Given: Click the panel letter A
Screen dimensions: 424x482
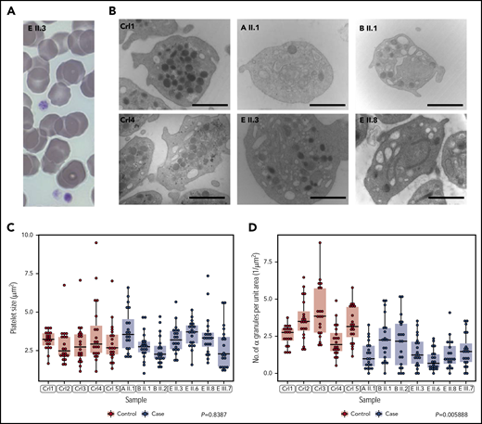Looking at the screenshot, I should pyautogui.click(x=7, y=9).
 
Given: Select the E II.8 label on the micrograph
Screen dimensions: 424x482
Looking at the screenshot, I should pyautogui.click(x=370, y=122).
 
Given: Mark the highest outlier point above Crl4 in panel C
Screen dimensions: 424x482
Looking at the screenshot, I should pyautogui.click(x=95, y=243).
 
